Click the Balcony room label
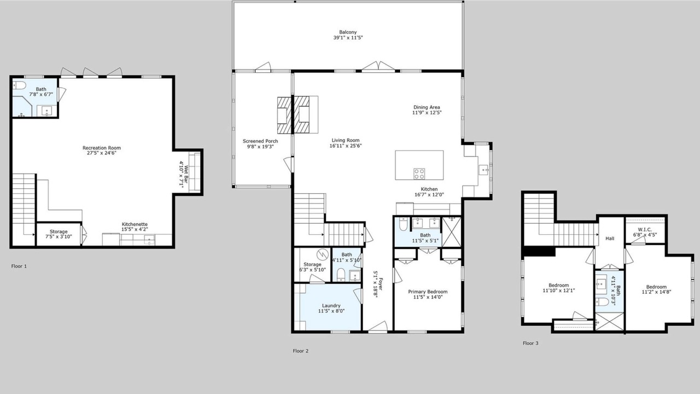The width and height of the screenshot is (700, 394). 348,32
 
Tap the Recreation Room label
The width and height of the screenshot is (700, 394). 102,148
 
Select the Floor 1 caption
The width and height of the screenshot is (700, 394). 19,266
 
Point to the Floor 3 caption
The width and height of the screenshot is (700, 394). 530,343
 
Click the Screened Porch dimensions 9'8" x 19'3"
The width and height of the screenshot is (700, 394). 260,146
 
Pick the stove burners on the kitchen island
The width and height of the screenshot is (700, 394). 419,174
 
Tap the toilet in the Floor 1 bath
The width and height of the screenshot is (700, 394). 19,85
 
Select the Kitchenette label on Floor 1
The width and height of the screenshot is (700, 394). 135,224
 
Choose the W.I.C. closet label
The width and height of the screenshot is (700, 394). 644,229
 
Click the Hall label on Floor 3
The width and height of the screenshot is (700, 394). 610,238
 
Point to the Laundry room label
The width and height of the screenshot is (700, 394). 331,305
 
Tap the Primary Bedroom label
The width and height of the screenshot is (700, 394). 428,292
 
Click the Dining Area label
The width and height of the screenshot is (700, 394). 427,107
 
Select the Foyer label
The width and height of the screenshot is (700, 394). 381,284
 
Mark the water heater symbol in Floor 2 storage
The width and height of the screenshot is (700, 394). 323,254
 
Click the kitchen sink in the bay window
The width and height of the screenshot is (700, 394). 483,170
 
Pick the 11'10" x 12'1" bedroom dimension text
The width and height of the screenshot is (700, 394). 558,291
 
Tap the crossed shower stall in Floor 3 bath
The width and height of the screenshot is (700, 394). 609,321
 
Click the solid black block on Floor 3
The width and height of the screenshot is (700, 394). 539,251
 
